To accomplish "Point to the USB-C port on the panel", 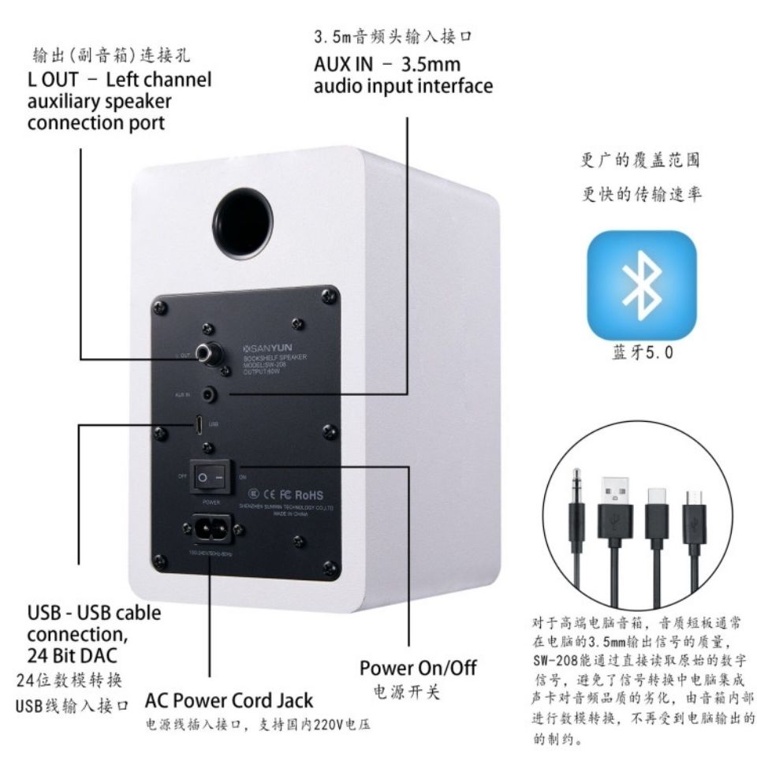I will (198, 424).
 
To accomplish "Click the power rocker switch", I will (209, 477).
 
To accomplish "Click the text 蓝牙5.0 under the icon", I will (642, 353).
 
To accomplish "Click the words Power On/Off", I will (418, 668).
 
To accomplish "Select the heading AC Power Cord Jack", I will (229, 700).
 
